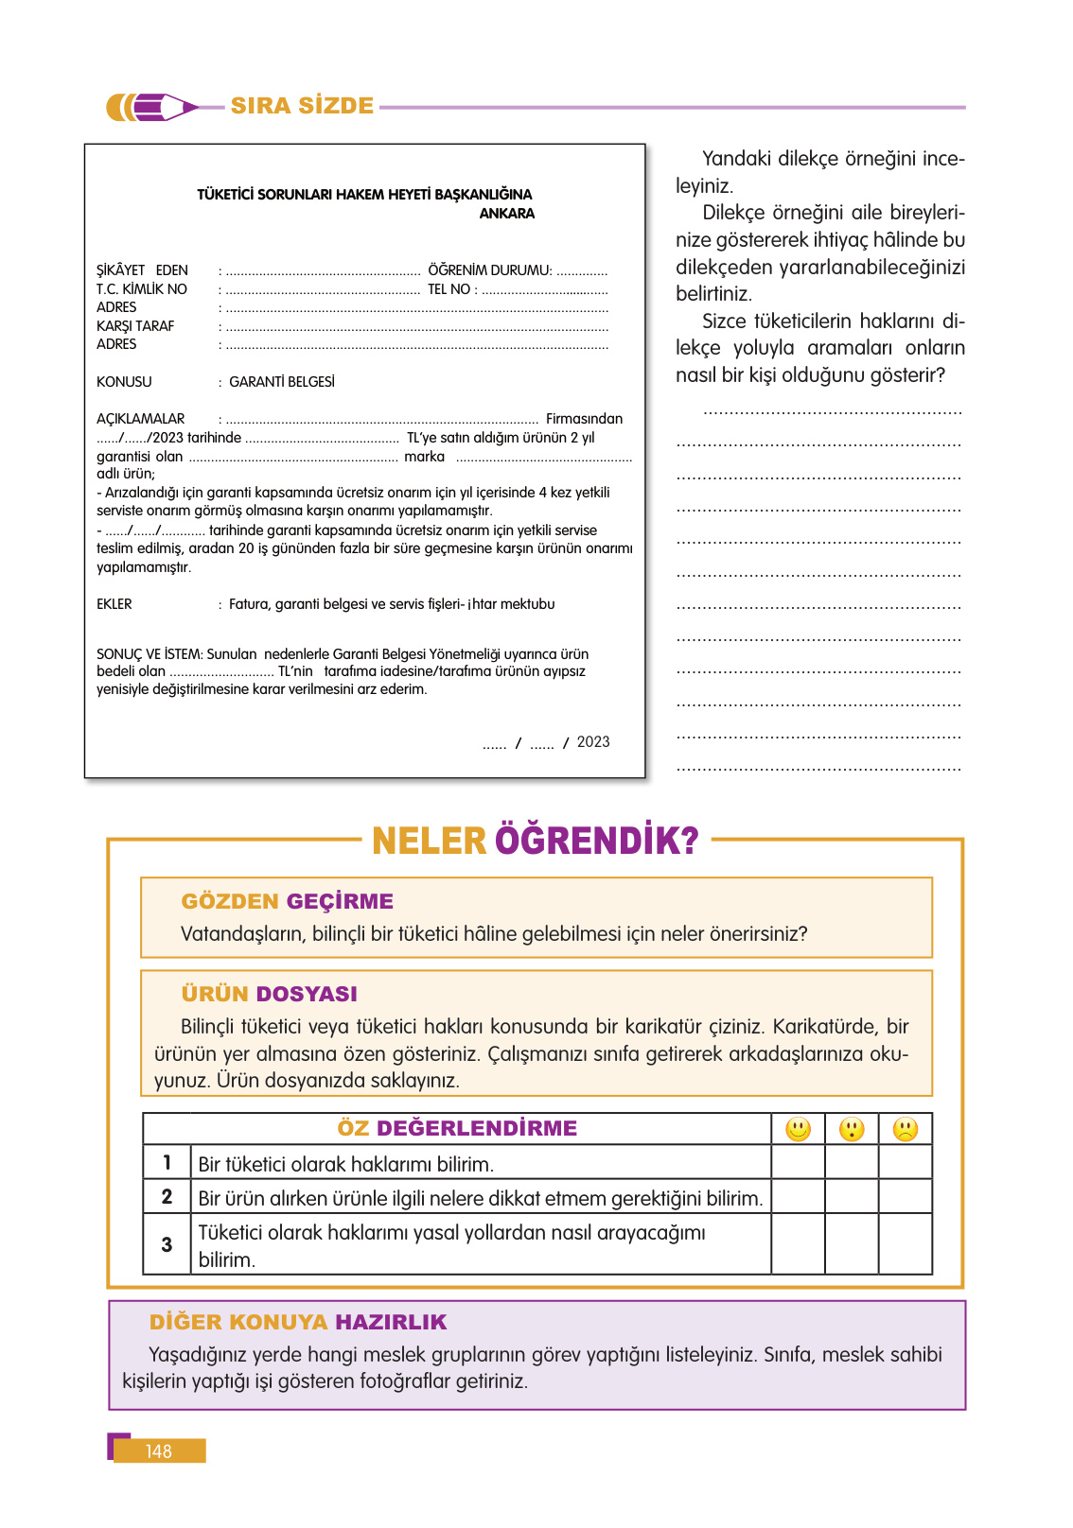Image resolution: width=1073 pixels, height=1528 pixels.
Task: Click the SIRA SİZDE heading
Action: (x=302, y=106)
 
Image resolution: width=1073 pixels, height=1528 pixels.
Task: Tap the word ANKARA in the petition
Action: (x=506, y=214)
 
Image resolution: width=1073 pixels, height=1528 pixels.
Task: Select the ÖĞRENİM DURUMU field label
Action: (x=489, y=270)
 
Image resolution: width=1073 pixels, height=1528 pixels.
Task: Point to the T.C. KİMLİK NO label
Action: (x=142, y=289)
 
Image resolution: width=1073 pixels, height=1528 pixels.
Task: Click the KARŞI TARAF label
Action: (x=135, y=326)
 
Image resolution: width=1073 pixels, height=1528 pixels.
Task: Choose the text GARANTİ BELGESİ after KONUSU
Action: (x=282, y=382)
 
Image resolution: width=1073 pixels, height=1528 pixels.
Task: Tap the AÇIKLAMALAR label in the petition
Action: (x=141, y=419)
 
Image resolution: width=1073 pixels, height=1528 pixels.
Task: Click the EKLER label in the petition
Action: (x=114, y=604)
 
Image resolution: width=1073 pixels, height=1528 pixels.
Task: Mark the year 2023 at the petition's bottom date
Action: (x=593, y=742)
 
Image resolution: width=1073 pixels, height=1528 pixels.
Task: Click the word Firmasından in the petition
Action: (x=584, y=419)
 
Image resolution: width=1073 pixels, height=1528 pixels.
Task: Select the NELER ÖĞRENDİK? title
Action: (x=535, y=841)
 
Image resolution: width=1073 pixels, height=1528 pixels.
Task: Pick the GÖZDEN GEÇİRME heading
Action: (x=287, y=901)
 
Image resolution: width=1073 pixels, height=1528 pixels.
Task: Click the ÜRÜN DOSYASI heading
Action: (x=269, y=994)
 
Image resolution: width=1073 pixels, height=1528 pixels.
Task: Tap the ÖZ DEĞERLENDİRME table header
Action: (x=457, y=1128)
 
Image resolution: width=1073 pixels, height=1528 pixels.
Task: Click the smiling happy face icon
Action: (x=799, y=1129)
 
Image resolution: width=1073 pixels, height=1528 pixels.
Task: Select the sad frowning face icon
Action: (x=906, y=1129)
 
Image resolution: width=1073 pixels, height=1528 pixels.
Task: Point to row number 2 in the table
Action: (x=167, y=1197)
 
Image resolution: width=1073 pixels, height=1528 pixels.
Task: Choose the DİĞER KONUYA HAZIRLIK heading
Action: (x=298, y=1322)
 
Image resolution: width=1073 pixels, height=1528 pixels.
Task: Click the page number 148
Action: (x=159, y=1451)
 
